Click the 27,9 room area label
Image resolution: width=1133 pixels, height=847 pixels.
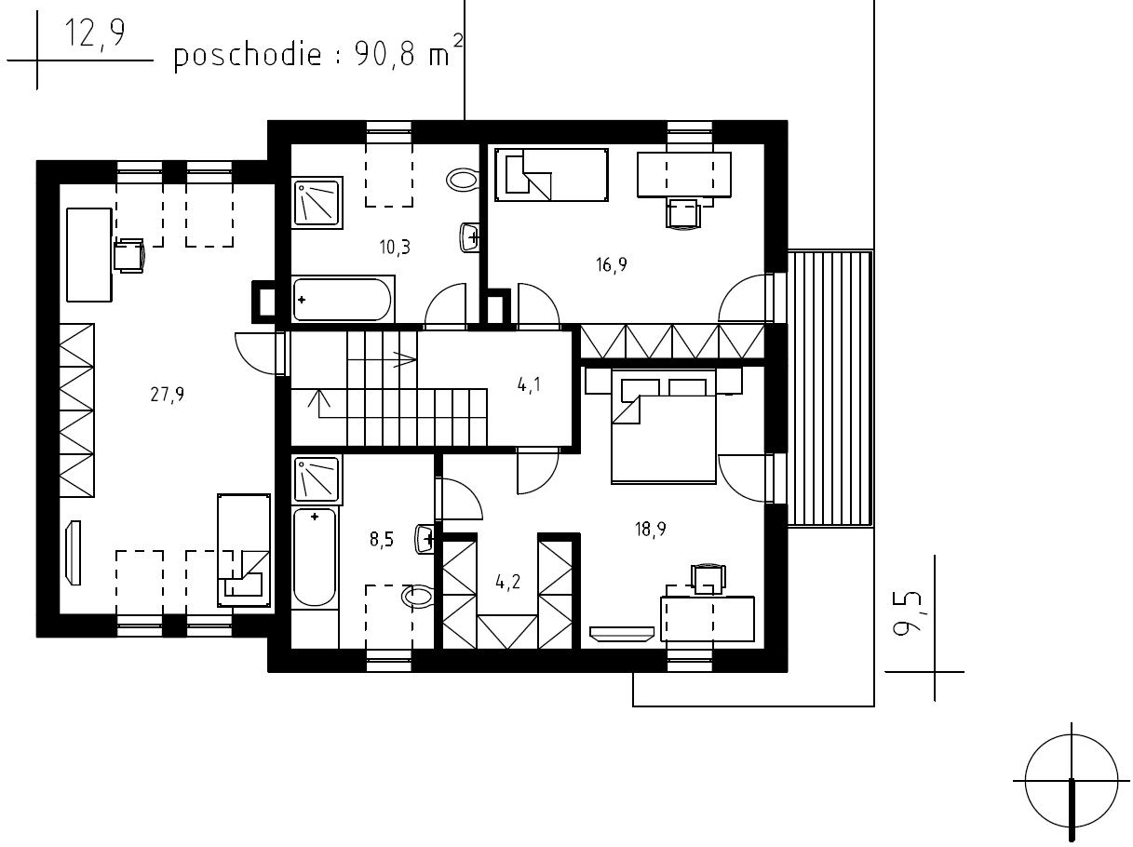click(168, 396)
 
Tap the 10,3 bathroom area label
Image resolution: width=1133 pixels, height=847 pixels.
click(395, 248)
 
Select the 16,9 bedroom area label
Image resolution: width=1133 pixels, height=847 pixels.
click(611, 264)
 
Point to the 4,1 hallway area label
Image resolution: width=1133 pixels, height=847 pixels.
click(529, 384)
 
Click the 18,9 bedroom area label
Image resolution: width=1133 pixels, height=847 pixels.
click(651, 529)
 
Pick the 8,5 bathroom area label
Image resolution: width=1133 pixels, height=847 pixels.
click(382, 540)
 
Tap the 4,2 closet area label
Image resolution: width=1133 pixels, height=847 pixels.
click(508, 583)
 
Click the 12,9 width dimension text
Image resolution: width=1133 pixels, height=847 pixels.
click(95, 34)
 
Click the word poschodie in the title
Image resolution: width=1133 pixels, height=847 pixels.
click(248, 55)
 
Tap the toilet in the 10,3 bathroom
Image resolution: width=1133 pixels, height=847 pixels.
click(463, 180)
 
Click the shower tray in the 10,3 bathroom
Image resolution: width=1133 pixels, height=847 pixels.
click(317, 202)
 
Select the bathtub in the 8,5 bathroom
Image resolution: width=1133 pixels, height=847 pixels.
click(315, 558)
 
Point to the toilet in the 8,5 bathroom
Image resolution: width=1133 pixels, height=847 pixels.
click(418, 598)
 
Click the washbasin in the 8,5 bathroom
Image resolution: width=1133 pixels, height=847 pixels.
click(425, 540)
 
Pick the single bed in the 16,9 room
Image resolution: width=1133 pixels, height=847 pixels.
click(551, 175)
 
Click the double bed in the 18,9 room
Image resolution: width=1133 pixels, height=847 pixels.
click(664, 426)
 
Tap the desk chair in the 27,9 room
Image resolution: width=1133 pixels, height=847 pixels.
click(129, 255)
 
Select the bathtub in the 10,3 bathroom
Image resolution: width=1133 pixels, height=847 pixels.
click(343, 299)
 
